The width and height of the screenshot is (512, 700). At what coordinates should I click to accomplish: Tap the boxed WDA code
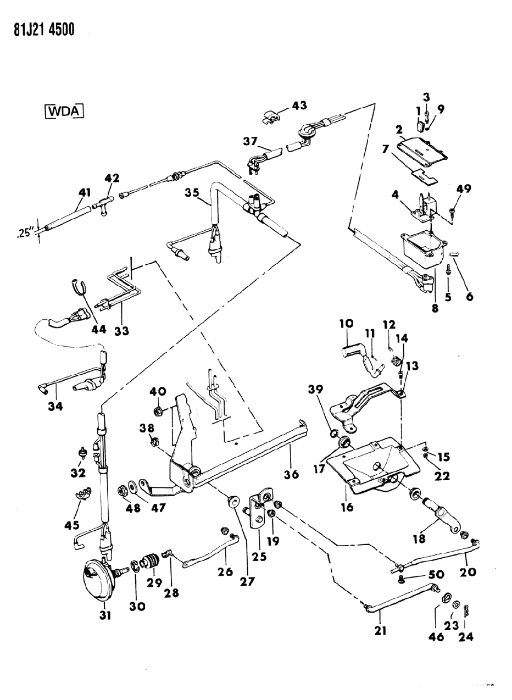click(x=65, y=111)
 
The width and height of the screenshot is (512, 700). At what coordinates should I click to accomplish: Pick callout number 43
click(x=299, y=105)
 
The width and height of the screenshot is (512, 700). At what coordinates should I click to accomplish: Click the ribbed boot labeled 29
click(x=149, y=562)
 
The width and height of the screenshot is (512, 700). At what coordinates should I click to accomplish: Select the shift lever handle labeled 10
click(x=355, y=351)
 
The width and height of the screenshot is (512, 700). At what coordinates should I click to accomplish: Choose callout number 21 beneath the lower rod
click(x=379, y=631)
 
